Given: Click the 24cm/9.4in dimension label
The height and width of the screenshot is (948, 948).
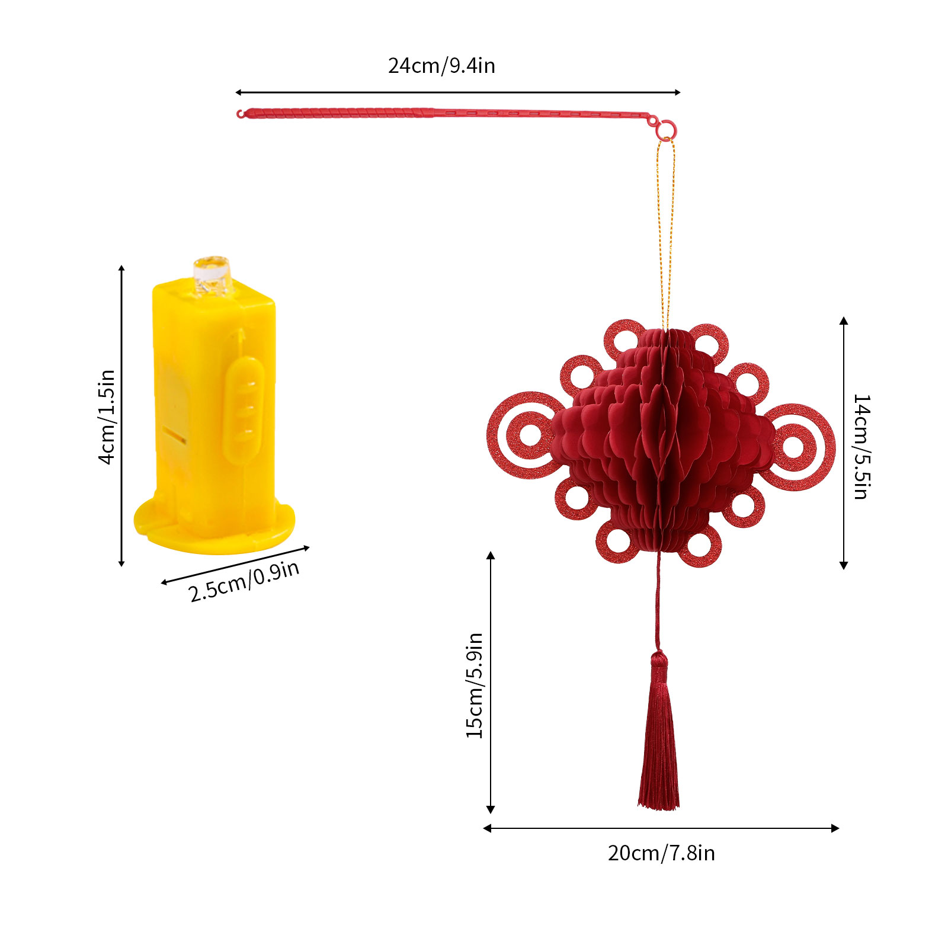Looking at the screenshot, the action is click(x=441, y=66).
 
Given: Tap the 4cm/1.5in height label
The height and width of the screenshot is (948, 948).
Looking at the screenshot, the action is click(x=107, y=417).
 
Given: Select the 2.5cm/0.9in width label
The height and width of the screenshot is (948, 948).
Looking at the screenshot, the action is click(x=244, y=581).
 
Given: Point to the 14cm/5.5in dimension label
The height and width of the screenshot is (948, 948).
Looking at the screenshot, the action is click(x=861, y=447).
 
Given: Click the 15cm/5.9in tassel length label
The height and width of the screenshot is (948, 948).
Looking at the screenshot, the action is click(x=475, y=686).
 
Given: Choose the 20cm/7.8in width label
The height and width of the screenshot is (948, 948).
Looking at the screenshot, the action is click(x=661, y=853).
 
